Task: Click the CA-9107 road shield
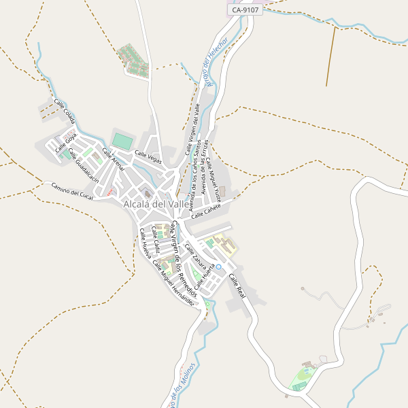point(245,10)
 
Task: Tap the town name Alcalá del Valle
point(156,203)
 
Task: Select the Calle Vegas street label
point(148,156)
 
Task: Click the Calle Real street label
point(236,285)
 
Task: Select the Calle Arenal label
point(114,160)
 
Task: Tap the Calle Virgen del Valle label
point(192,129)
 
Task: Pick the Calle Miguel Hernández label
point(173,282)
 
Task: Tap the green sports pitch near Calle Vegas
point(122,141)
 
